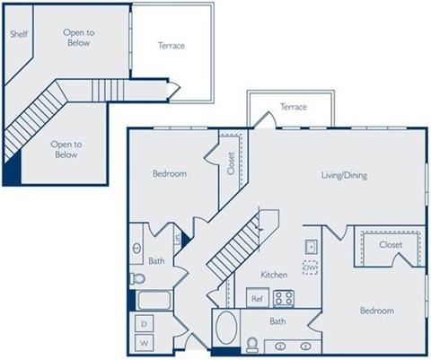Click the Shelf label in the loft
click(18, 34)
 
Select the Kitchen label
click(273, 275)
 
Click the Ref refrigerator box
click(257, 299)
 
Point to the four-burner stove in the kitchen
click(285, 298)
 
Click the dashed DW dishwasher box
click(310, 268)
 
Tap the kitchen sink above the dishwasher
click(311, 246)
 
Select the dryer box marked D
click(144, 324)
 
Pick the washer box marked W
click(144, 344)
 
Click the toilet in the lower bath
click(253, 344)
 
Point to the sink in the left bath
click(136, 249)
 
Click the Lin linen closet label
click(178, 239)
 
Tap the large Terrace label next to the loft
click(171, 45)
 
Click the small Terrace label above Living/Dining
click(293, 107)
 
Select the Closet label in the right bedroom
click(391, 244)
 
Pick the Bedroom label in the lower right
click(376, 311)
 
